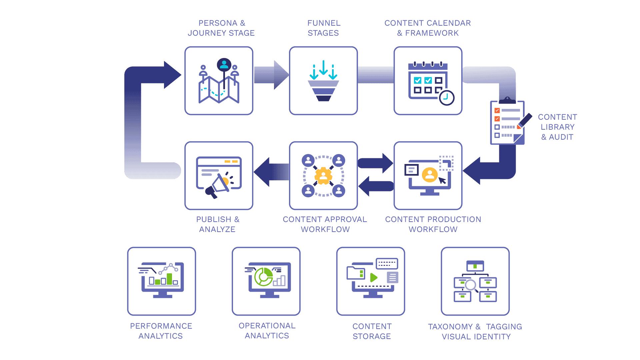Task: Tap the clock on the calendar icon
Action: pos(446,98)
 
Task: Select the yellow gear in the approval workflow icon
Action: pos(323,176)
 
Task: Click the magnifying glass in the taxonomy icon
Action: pos(471,285)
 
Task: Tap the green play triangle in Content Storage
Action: pos(374,277)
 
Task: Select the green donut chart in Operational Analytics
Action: pos(263,277)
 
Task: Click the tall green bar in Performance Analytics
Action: pos(170,279)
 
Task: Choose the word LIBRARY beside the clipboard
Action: pos(557,127)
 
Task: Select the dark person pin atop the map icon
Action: pos(224,65)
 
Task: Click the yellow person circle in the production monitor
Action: pos(430,174)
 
